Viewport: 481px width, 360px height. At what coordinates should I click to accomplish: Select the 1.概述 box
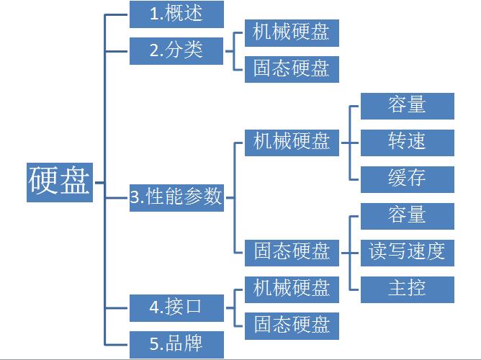[176, 14]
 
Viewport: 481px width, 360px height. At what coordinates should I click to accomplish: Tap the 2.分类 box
[176, 51]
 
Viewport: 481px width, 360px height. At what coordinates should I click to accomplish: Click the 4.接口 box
[176, 307]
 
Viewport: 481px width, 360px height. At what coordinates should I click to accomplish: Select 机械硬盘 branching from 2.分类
[292, 32]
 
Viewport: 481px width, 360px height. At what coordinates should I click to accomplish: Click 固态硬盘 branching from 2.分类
[292, 69]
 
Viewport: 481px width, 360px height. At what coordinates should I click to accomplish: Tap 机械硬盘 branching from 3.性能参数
[292, 143]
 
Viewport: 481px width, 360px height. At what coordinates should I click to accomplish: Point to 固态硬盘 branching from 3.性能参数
[292, 252]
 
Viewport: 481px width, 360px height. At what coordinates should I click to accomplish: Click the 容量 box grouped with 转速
[407, 106]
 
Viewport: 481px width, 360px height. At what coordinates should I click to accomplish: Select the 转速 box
[407, 143]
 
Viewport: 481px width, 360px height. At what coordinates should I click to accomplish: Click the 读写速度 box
[407, 252]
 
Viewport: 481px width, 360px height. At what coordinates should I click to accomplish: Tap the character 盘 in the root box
[76, 181]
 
